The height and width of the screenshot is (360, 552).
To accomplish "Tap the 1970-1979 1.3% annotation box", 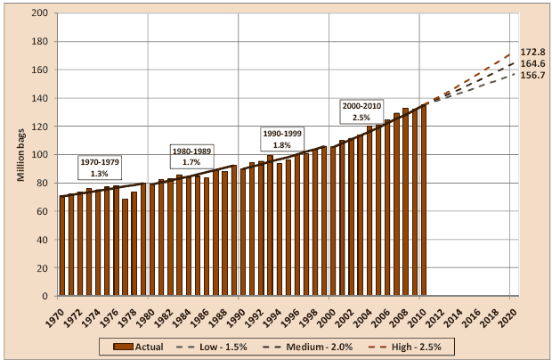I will point(100,168).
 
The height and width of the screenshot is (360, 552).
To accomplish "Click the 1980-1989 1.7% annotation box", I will point(191,157).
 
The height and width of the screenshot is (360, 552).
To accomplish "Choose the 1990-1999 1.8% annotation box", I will point(282,138).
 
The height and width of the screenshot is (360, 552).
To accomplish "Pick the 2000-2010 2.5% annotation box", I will point(361,111).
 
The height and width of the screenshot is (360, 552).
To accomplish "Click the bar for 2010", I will point(423,200).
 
